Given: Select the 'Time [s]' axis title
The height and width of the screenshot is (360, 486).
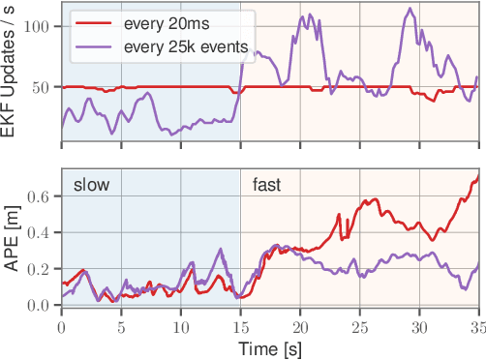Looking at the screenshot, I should [271, 347].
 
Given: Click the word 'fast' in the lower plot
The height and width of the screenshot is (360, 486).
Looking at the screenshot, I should [269, 184].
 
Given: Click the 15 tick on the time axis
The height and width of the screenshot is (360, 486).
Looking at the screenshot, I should [240, 326].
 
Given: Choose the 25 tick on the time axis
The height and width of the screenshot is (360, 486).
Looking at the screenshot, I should [359, 326].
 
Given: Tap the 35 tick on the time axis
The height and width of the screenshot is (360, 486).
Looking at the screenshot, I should [477, 326].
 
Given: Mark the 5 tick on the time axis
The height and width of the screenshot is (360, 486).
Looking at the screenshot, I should [121, 326].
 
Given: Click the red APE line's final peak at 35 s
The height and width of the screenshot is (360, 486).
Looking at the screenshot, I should [477, 178].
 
